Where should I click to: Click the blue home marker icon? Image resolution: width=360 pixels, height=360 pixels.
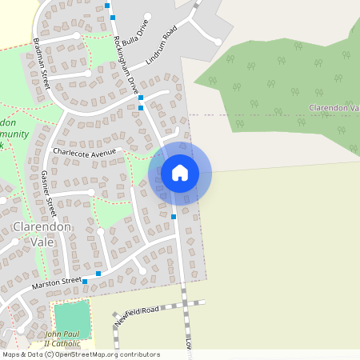[180, 173]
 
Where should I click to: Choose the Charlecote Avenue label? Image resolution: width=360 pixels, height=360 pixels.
[85, 151]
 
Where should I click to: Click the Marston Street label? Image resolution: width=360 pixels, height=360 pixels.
[57, 284]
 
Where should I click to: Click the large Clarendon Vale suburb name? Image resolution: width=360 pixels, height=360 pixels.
[42, 234]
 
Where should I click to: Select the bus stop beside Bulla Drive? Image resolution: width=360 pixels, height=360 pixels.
[108, 6]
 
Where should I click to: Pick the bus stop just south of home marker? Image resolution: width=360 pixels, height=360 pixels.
[174, 217]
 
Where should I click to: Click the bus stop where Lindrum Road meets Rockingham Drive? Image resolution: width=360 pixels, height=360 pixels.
[141, 107]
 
